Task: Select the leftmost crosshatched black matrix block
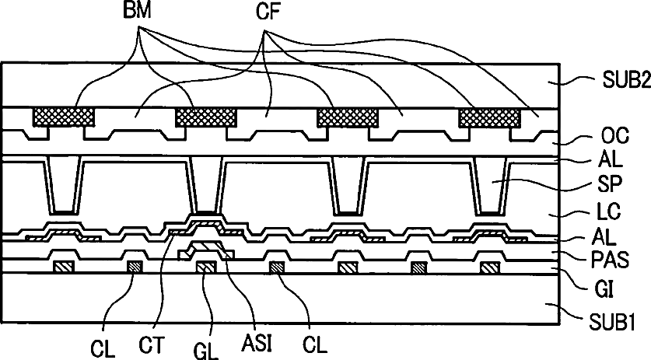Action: click(64, 118)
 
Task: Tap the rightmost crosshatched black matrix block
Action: click(490, 118)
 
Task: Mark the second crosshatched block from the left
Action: click(206, 118)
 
